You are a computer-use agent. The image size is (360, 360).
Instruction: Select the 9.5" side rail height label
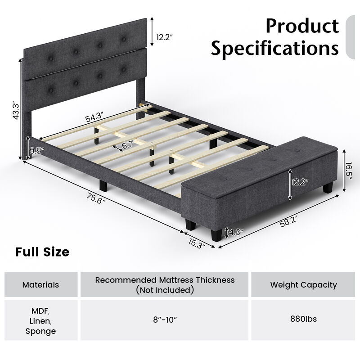pos(36,151)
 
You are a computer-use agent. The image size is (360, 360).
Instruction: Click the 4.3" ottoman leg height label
pos(236,232)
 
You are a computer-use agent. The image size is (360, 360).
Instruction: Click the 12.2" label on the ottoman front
pos(300,182)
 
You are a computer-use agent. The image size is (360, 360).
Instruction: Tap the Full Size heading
pos(43,252)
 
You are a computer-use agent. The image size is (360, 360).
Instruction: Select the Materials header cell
pos(41,284)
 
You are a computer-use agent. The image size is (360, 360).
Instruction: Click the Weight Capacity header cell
pos(303,284)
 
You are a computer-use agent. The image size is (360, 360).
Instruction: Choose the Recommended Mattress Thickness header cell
pos(165,285)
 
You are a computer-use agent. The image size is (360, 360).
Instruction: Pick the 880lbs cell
pos(303,319)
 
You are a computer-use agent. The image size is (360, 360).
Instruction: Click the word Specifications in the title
pos(274,48)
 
